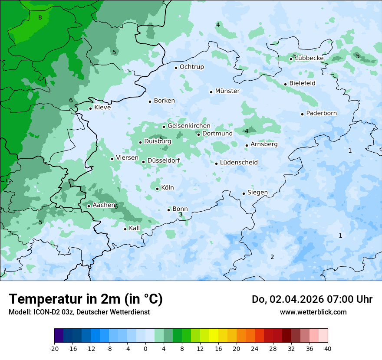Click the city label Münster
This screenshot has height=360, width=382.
click(227, 91)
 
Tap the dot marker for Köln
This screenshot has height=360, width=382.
click(157, 189)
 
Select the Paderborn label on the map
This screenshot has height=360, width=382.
click(321, 114)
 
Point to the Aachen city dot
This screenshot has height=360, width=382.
click(89, 206)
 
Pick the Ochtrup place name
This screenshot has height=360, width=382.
click(191, 67)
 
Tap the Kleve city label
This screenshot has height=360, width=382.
click(102, 108)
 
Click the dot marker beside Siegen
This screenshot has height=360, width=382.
click(244, 193)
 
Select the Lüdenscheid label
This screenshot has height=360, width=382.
click(239, 163)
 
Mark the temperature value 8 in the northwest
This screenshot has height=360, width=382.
click(40, 18)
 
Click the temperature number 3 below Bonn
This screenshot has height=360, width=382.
click(181, 215)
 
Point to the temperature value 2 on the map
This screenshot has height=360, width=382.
click(272, 257)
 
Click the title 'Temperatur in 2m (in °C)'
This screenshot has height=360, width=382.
click(86, 299)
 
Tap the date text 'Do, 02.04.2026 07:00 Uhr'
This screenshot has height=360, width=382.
click(312, 299)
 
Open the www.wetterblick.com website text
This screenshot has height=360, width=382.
click(313, 312)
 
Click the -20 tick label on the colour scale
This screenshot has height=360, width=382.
click(54, 349)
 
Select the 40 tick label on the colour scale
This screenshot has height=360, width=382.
click(327, 349)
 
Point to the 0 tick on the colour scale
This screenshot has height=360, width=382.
click(145, 349)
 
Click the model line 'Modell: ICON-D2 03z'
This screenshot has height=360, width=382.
click(79, 312)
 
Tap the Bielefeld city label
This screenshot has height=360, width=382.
click(302, 83)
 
